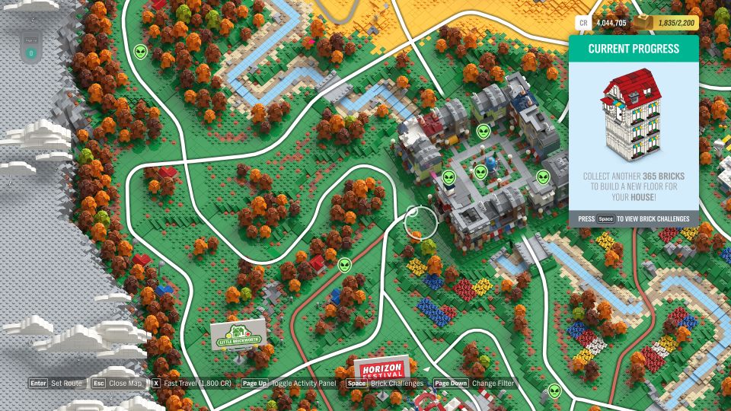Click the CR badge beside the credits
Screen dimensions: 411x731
click(583, 23)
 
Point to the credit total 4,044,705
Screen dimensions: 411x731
click(611, 23)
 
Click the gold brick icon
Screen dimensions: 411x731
click(644, 23)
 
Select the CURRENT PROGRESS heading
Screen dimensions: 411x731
click(634, 49)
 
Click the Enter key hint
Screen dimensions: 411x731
click(38, 384)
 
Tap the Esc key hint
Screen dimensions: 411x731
click(98, 384)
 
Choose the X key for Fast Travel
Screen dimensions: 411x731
click(156, 384)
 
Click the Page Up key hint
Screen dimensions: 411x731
click(254, 384)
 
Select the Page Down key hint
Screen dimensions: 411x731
click(452, 384)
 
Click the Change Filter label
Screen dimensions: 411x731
click(493, 384)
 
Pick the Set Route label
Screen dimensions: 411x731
click(66, 384)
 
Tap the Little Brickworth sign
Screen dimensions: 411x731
click(238, 334)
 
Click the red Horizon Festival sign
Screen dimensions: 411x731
click(380, 370)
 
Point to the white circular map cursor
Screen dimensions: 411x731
click(420, 221)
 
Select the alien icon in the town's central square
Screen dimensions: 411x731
click(480, 172)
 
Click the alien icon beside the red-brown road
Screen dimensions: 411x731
click(345, 265)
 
